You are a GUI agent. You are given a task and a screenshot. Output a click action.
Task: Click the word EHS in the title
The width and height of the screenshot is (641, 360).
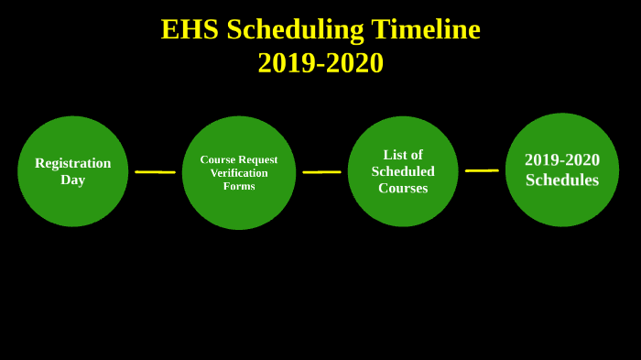(190, 29)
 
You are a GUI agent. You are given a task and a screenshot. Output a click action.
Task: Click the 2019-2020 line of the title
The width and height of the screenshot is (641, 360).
(320, 62)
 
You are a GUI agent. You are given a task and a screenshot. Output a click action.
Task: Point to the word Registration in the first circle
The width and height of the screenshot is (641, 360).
(73, 163)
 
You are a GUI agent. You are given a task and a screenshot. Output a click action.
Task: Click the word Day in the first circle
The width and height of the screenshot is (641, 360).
(73, 180)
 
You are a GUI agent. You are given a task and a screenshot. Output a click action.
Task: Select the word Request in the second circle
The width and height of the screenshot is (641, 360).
(257, 159)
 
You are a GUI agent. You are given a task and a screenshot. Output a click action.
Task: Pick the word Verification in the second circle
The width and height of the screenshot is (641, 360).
(239, 172)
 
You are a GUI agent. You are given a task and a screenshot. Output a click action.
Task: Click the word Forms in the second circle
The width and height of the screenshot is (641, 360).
(239, 186)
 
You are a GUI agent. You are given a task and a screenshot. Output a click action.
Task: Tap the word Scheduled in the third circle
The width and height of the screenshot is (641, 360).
(403, 171)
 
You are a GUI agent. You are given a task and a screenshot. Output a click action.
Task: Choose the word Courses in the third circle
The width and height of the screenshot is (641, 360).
(403, 188)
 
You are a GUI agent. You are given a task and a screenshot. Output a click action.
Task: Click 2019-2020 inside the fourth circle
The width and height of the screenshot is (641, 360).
(562, 160)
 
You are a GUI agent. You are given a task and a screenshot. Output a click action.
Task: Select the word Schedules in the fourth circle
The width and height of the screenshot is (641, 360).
(562, 180)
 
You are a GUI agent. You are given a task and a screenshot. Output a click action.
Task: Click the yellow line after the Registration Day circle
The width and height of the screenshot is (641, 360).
(155, 172)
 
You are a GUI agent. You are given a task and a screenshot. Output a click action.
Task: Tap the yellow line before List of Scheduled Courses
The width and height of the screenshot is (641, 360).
(321, 172)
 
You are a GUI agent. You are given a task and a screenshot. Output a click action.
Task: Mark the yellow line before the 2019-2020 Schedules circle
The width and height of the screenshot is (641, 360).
(482, 170)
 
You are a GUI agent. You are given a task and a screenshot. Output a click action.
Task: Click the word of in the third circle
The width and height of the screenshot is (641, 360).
(417, 155)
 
